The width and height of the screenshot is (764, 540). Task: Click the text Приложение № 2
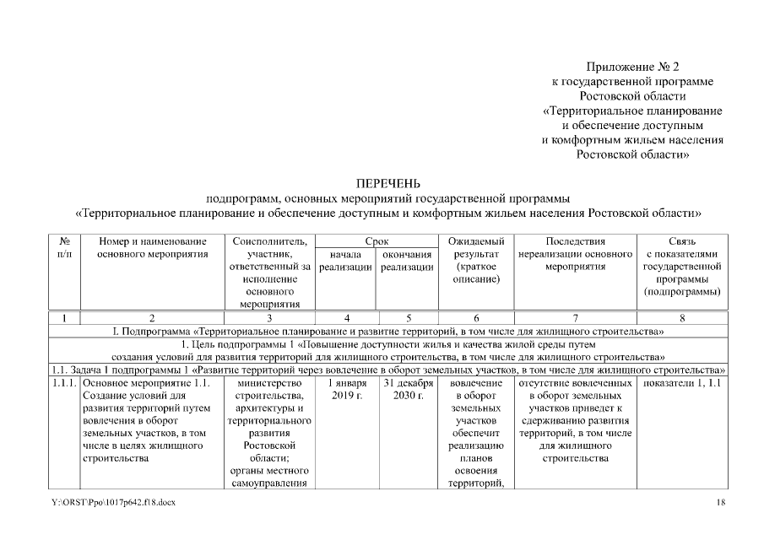pyautogui.click(x=632, y=66)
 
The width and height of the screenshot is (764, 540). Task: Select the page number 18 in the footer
pyautogui.click(x=720, y=503)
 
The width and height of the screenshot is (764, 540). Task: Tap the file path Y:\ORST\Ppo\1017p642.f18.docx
pyautogui.click(x=113, y=503)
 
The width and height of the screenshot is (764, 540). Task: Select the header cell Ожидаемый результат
pyautogui.click(x=475, y=260)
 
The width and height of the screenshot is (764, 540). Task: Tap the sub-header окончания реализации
pyautogui.click(x=408, y=260)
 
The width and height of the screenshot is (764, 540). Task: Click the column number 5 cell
pyautogui.click(x=408, y=318)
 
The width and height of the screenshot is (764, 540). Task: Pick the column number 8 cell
pyautogui.click(x=681, y=318)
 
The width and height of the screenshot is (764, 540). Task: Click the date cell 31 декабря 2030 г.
pyautogui.click(x=408, y=389)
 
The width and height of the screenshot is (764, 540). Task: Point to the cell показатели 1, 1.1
pyautogui.click(x=681, y=383)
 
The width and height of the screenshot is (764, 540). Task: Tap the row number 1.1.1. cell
pyautogui.click(x=65, y=383)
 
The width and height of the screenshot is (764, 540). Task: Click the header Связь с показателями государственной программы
pyautogui.click(x=681, y=266)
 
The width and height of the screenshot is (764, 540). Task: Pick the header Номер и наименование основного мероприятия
pyautogui.click(x=152, y=247)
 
